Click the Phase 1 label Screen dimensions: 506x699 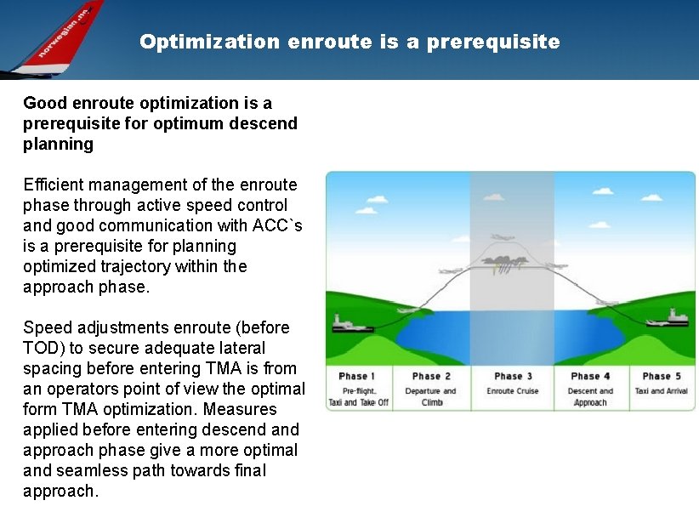(353, 376)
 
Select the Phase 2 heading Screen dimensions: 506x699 (431, 376)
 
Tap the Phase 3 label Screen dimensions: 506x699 (513, 376)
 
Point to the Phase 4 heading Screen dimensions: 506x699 (590, 376)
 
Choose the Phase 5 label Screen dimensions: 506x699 (662, 376)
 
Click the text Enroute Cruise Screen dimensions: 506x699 (513, 391)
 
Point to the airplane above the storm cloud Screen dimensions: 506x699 (503, 237)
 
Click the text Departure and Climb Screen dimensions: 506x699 (431, 396)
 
